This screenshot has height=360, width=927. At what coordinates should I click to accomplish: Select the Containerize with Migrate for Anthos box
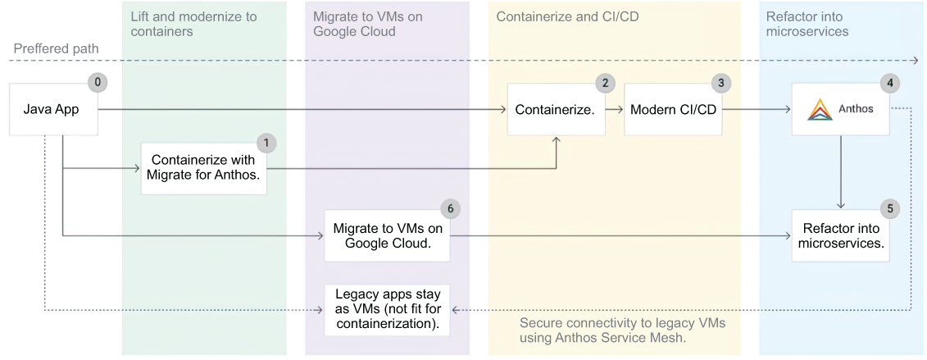tap(204, 168)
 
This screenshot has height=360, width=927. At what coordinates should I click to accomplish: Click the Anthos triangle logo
tap(820, 109)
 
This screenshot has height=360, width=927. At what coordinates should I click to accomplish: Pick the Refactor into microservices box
tap(841, 235)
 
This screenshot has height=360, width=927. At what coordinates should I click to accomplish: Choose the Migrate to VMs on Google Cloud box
tap(387, 235)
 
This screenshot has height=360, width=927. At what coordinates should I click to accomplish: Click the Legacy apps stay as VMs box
tap(387, 309)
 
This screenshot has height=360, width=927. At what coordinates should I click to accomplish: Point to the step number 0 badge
tap(98, 82)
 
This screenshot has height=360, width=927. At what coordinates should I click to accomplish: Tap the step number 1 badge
tap(266, 143)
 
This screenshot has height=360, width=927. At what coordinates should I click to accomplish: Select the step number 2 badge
tap(605, 83)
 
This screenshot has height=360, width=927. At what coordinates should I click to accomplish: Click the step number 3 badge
tap(720, 83)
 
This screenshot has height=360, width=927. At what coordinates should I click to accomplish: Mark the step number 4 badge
tap(890, 83)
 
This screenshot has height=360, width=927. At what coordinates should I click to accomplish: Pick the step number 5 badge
tap(890, 208)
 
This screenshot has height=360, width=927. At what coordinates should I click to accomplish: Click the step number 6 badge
tap(450, 208)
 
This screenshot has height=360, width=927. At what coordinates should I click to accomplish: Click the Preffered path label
tap(57, 48)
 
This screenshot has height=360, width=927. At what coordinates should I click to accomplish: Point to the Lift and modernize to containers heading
tap(194, 24)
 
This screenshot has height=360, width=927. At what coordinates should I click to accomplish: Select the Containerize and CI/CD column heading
tap(567, 16)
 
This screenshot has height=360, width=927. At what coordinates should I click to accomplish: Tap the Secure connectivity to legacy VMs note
tap(623, 330)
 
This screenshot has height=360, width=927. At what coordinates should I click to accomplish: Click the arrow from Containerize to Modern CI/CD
tap(615, 109)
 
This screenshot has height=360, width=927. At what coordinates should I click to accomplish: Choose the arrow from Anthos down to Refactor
tap(841, 172)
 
